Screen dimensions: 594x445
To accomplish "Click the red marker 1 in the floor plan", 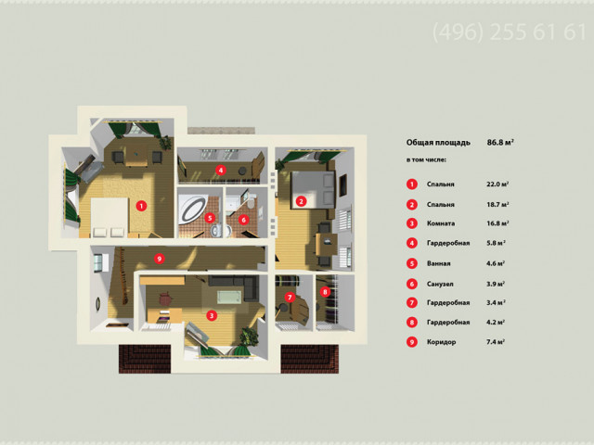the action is click(x=141, y=206).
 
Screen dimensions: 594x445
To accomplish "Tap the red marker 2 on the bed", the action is click(x=301, y=201).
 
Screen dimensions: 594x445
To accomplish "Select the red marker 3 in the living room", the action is click(x=212, y=315).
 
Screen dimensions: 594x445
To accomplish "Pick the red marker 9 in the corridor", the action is click(x=160, y=259).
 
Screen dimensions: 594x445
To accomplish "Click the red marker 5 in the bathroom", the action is click(x=210, y=218).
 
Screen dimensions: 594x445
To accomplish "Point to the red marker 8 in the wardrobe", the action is click(x=325, y=292).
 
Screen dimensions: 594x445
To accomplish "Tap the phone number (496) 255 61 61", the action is click(x=510, y=32).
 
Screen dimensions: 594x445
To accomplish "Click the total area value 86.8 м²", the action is click(x=500, y=142).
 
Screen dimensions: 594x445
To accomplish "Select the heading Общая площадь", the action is click(x=438, y=143).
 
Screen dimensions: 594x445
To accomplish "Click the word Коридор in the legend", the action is click(x=442, y=342).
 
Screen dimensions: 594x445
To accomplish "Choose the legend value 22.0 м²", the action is click(x=497, y=184).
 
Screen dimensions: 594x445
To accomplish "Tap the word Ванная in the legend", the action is click(x=439, y=263).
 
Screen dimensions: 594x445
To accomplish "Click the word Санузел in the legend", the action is click(x=440, y=284).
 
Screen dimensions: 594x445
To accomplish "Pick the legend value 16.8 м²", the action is click(x=497, y=223).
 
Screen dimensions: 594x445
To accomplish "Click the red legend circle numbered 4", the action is click(x=412, y=243).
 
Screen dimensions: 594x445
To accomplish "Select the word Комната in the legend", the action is click(x=441, y=223).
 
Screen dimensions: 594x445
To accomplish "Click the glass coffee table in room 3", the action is click(x=229, y=297).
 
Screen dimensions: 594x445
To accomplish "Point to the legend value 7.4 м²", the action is click(x=496, y=342).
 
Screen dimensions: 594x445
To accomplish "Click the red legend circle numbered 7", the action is click(x=412, y=302).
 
